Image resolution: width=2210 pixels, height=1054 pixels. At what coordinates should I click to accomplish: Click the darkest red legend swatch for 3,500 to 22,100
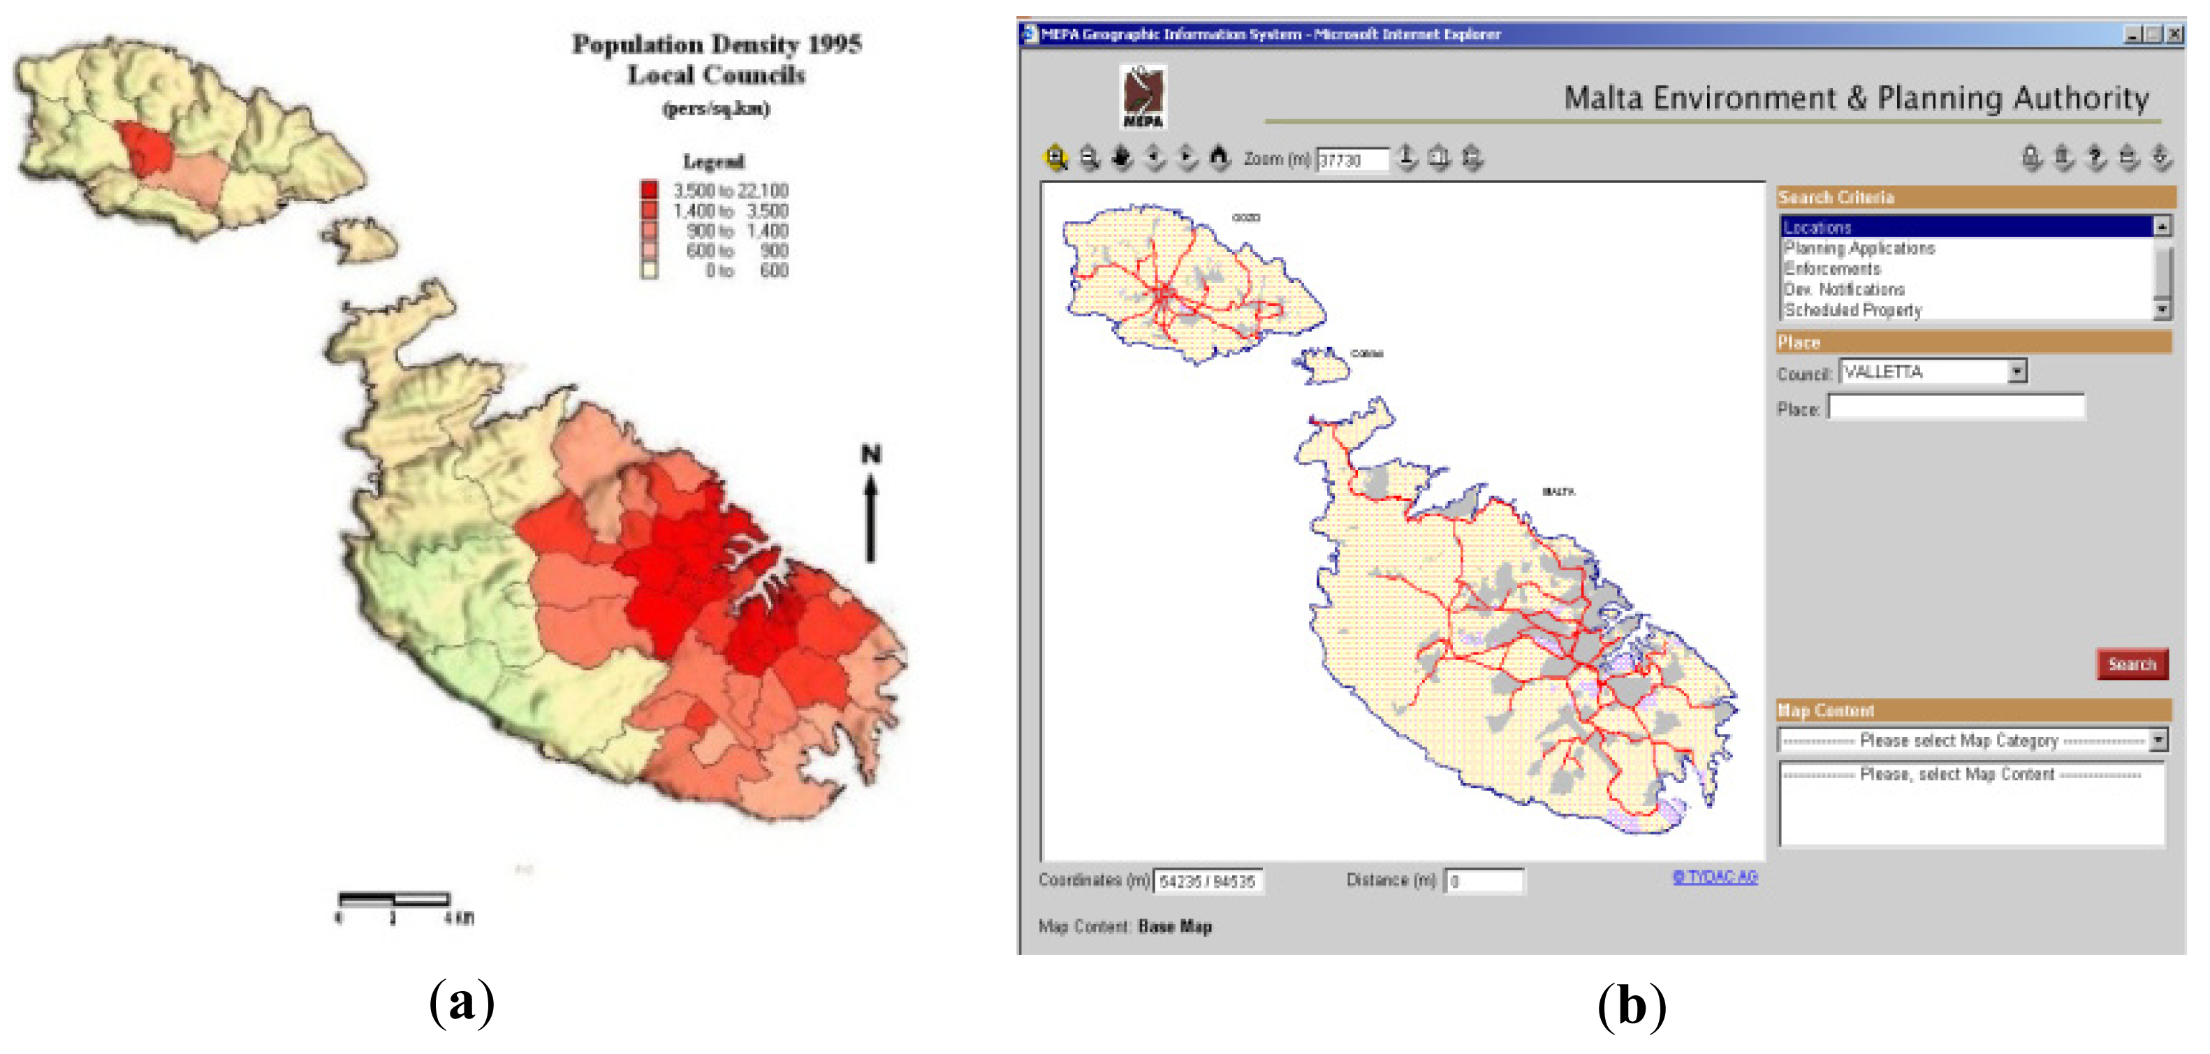(x=650, y=189)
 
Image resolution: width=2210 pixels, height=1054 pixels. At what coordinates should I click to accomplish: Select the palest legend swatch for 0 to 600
(x=650, y=270)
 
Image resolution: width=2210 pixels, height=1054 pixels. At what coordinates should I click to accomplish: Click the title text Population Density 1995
(x=717, y=44)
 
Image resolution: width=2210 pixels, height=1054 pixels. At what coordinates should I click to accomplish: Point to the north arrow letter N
(x=871, y=455)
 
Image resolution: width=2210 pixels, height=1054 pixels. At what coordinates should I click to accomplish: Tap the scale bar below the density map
(x=394, y=900)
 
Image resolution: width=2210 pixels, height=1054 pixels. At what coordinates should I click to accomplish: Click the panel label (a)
(x=462, y=1002)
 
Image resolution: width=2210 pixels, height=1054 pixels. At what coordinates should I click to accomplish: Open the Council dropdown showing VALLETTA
(x=2018, y=372)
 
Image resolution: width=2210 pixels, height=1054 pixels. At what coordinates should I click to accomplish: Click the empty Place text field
(x=1956, y=407)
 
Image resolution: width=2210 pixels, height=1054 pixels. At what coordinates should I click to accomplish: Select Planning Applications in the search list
(x=1860, y=248)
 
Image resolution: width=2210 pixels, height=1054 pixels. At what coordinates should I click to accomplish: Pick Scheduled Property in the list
(x=1853, y=309)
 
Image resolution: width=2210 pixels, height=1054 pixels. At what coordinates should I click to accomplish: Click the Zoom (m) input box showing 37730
(x=1352, y=159)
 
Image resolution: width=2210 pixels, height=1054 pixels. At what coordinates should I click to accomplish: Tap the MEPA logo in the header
(x=1143, y=97)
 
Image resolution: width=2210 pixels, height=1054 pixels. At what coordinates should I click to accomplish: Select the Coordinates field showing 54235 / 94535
(x=1207, y=881)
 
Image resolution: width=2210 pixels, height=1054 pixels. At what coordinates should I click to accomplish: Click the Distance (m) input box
(x=1484, y=881)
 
